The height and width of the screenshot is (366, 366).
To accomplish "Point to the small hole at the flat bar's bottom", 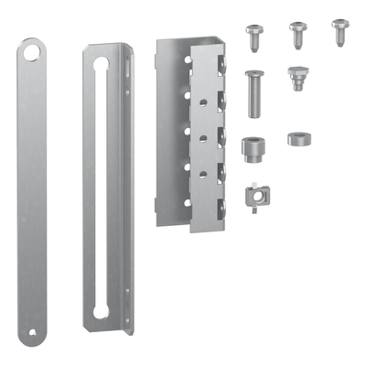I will coord(33,330).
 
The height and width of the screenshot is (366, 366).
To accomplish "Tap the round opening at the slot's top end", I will coord(101,66).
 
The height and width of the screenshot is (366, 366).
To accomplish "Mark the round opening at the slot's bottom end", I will coord(101,311).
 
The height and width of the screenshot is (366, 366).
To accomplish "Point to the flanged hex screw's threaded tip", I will coord(297,87).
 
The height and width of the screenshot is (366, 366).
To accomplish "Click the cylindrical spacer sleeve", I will coord(251,148).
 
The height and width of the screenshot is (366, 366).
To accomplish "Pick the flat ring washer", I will coord(298,139).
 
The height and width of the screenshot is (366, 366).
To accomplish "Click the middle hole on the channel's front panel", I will coord(188,131).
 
